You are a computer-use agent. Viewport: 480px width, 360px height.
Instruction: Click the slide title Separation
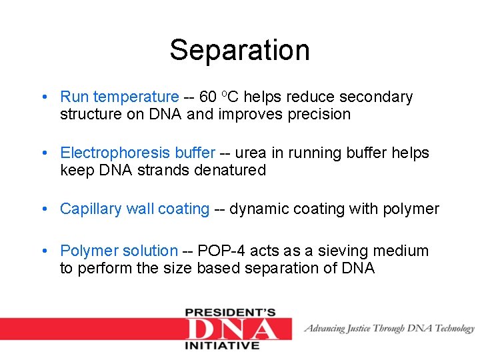pyautogui.click(x=239, y=50)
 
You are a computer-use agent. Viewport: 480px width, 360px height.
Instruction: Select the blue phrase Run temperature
pyautogui.click(x=119, y=97)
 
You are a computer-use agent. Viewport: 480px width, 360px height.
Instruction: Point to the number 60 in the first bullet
pyautogui.click(x=208, y=97)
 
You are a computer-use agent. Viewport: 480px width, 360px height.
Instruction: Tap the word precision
pyautogui.click(x=319, y=115)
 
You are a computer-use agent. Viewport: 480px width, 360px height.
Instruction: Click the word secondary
pyautogui.click(x=379, y=97)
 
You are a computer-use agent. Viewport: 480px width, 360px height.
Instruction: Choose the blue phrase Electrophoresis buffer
pyautogui.click(x=137, y=153)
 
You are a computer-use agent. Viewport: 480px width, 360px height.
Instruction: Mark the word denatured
pyautogui.click(x=230, y=171)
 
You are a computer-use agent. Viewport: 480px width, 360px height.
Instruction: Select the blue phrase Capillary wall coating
pyautogui.click(x=135, y=209)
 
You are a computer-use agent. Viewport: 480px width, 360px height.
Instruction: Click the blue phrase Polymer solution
pyautogui.click(x=119, y=251)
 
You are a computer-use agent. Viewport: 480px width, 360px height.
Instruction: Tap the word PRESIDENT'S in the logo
pyautogui.click(x=231, y=312)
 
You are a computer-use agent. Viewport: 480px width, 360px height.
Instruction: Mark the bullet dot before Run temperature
pyautogui.click(x=43, y=98)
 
